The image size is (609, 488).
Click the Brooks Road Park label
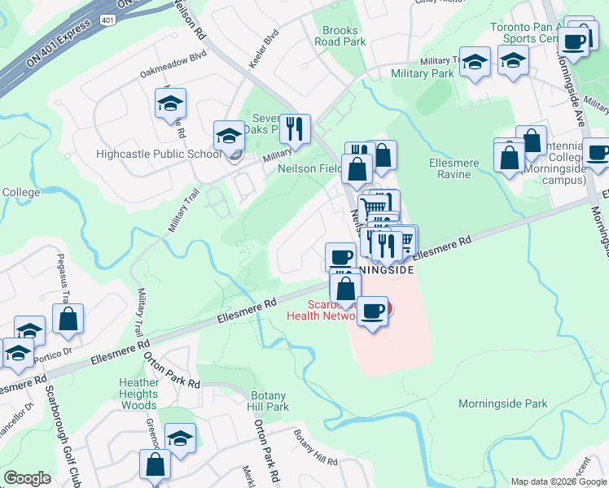click(340, 36)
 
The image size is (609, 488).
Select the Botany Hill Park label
click(268, 401)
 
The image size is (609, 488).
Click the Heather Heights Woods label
click(138, 394)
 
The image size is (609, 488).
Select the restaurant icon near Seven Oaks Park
click(295, 128)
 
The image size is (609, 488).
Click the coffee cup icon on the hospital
click(373, 310)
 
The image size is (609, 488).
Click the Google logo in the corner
click(27, 478)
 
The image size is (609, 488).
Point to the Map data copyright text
click(559, 481)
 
